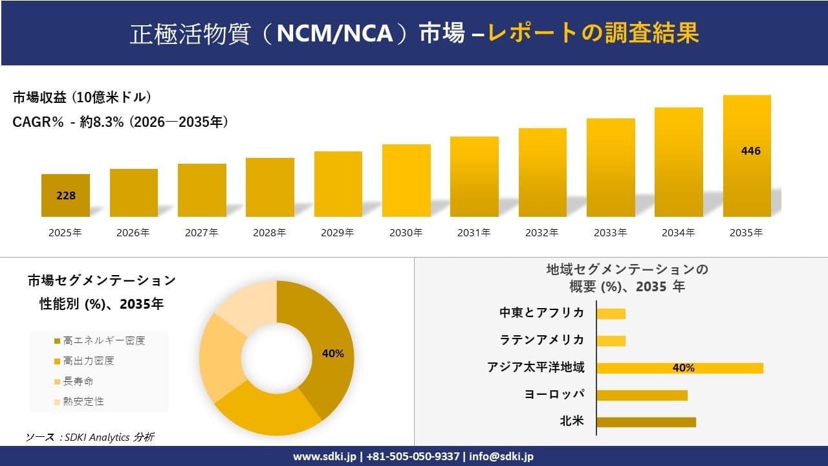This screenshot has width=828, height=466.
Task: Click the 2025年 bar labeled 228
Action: tap(65, 195)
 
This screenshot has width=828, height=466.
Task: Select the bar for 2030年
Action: tap(406, 181)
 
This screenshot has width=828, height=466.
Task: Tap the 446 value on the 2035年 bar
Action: tap(750, 151)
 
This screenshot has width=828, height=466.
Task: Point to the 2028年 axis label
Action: tap(270, 232)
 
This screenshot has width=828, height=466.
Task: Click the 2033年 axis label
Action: tap(611, 232)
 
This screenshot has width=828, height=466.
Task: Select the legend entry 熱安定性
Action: tap(83, 401)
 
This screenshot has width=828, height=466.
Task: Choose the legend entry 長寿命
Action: tap(78, 381)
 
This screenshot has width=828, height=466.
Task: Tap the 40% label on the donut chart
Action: tap(332, 353)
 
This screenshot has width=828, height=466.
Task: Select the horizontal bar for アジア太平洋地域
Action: tap(679, 368)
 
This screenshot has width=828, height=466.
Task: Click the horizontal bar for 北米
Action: tap(646, 422)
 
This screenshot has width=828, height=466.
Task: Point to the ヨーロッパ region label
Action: tap(554, 394)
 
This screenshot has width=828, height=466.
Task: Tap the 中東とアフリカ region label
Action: tap(541, 313)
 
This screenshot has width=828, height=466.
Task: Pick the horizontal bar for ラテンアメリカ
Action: tap(611, 340)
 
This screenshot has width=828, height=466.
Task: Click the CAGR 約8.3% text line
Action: tap(120, 122)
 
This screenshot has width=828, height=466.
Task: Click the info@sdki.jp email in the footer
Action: tap(502, 456)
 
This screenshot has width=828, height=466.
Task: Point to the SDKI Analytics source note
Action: tap(91, 437)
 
